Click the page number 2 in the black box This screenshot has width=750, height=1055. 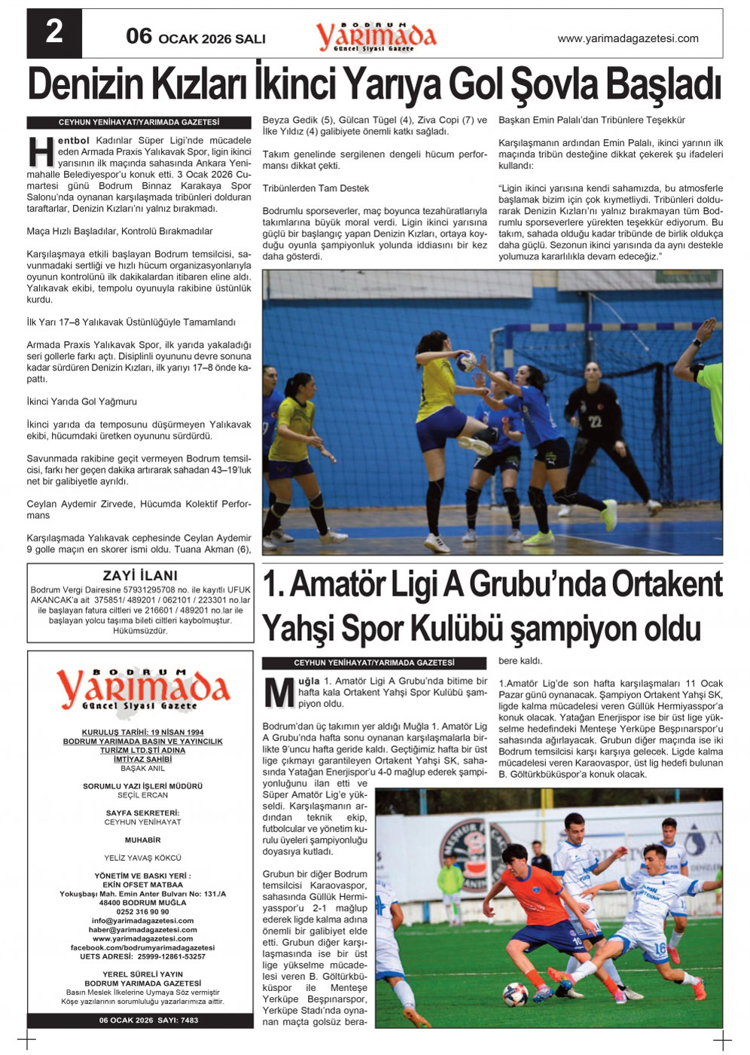[54, 32]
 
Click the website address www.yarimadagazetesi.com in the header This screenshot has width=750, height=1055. [627, 38]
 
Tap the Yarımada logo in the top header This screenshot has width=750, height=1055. [376, 36]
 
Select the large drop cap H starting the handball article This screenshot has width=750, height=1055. [41, 152]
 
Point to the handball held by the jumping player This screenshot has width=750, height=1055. [468, 362]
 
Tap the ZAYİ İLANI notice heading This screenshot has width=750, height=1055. [140, 576]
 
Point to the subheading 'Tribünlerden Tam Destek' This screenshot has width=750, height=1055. [316, 188]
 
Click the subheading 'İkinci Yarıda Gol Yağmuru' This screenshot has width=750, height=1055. [81, 401]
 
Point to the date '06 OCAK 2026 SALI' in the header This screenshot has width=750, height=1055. [196, 37]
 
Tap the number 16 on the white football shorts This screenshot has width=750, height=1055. [660, 948]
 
